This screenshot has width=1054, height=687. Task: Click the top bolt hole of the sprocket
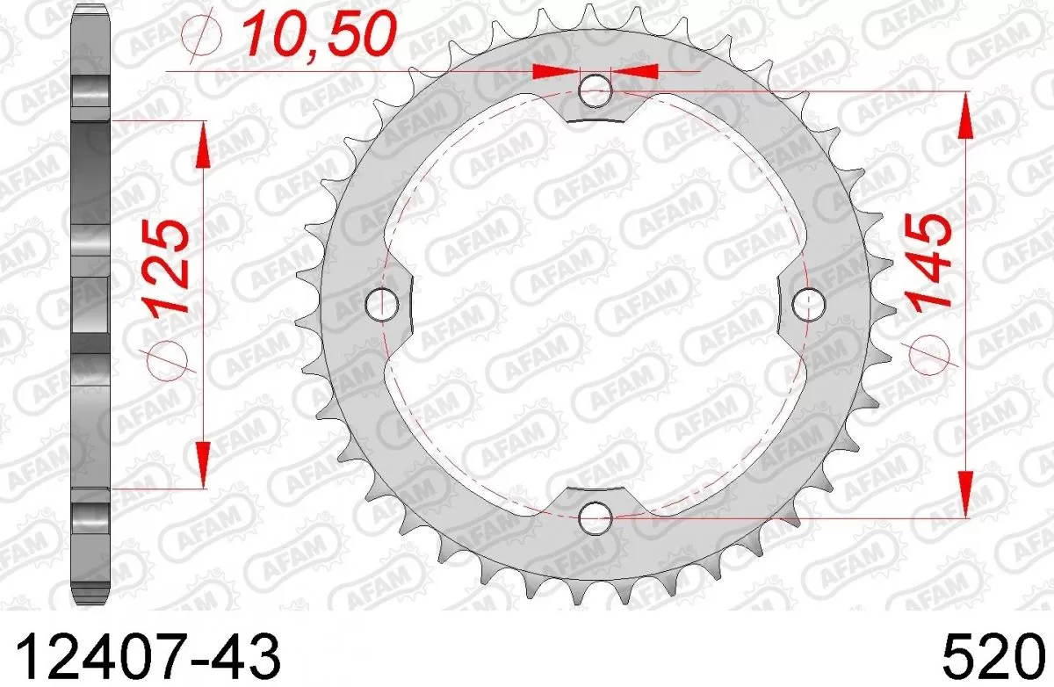(x=596, y=89)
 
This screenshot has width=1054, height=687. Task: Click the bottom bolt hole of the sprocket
(x=596, y=517)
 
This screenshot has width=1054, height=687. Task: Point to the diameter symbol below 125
(x=167, y=359)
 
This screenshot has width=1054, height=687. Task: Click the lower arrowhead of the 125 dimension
(x=203, y=465)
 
